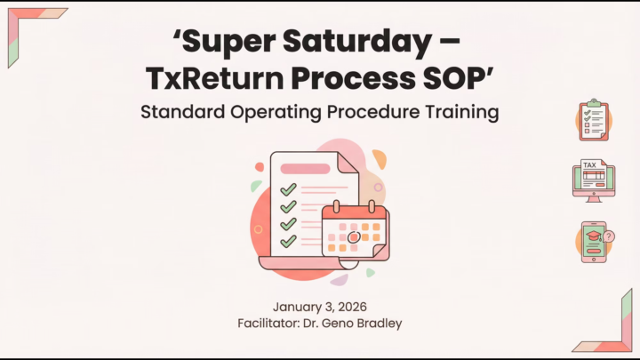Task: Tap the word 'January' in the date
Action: [x=299, y=307]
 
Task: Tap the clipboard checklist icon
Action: [x=593, y=120]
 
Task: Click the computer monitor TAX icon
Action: [x=593, y=179]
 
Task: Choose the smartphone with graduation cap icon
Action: [x=591, y=242]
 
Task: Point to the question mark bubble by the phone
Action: [x=609, y=236]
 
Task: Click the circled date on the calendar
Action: [x=354, y=237]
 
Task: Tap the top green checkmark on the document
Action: [x=288, y=189]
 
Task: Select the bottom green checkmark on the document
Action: [x=288, y=241]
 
